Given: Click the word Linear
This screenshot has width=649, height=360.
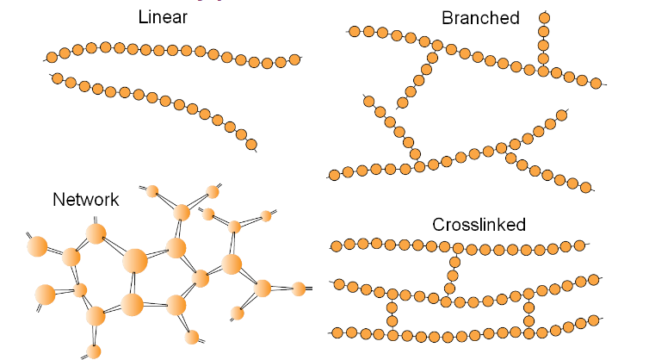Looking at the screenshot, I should click(163, 17).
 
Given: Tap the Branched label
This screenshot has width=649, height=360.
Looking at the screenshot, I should click(480, 17).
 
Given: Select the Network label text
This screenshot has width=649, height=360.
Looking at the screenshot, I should click(86, 199).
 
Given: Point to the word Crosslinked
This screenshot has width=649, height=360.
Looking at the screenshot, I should click(479, 226).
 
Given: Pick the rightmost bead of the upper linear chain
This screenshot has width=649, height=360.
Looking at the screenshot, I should click(295, 59).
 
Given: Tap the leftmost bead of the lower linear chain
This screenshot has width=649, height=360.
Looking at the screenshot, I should click(58, 78).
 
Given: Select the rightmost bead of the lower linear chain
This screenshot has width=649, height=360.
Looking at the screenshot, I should click(251, 144).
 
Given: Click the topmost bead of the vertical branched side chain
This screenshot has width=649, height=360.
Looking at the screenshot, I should click(543, 17).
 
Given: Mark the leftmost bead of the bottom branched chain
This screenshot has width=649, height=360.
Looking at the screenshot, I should click(336, 173).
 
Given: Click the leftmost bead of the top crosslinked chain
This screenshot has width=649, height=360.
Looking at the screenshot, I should click(337, 245).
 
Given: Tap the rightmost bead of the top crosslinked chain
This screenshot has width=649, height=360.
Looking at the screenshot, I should click(580, 245).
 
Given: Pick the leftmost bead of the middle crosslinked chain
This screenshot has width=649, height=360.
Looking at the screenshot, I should click(339, 284).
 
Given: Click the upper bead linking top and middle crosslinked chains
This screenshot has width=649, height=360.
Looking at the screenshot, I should click(454, 262).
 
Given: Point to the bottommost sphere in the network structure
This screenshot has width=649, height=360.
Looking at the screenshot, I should click(94, 351).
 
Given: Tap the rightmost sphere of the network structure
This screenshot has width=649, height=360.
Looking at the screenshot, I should click(299, 288).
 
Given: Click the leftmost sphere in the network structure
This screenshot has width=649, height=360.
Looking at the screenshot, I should click(37, 246).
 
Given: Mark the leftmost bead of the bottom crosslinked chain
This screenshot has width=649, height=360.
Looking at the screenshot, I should click(337, 332).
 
